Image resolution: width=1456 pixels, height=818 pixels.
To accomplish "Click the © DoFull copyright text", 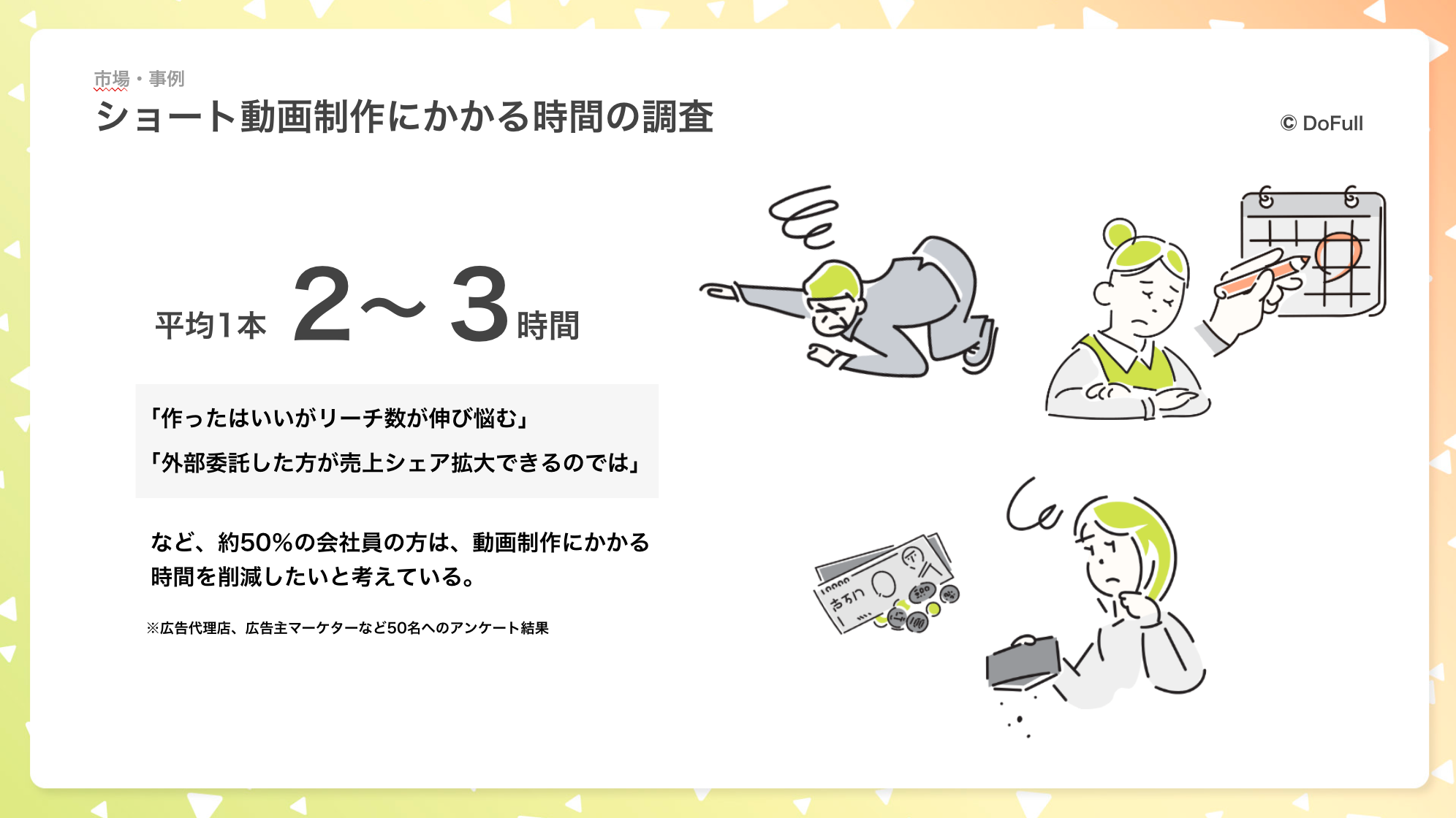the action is pos(1322,123).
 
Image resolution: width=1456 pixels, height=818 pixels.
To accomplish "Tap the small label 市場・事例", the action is pos(139,79).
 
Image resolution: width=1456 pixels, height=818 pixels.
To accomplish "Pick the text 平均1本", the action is pos(211,326).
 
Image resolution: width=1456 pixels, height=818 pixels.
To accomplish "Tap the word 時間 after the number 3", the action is pos(548,326).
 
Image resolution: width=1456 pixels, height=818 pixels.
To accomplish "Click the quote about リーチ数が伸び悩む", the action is pos(339,418).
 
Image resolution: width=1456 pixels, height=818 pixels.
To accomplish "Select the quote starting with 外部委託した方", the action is pos(395,462).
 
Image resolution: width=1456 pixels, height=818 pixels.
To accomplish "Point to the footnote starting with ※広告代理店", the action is pos(347,628).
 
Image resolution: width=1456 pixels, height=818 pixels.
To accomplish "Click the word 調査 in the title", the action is pos(678,117).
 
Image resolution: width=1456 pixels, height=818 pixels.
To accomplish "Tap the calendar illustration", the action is pos(1313,252).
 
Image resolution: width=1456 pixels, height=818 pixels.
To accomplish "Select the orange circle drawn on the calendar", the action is pos(1338,256).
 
